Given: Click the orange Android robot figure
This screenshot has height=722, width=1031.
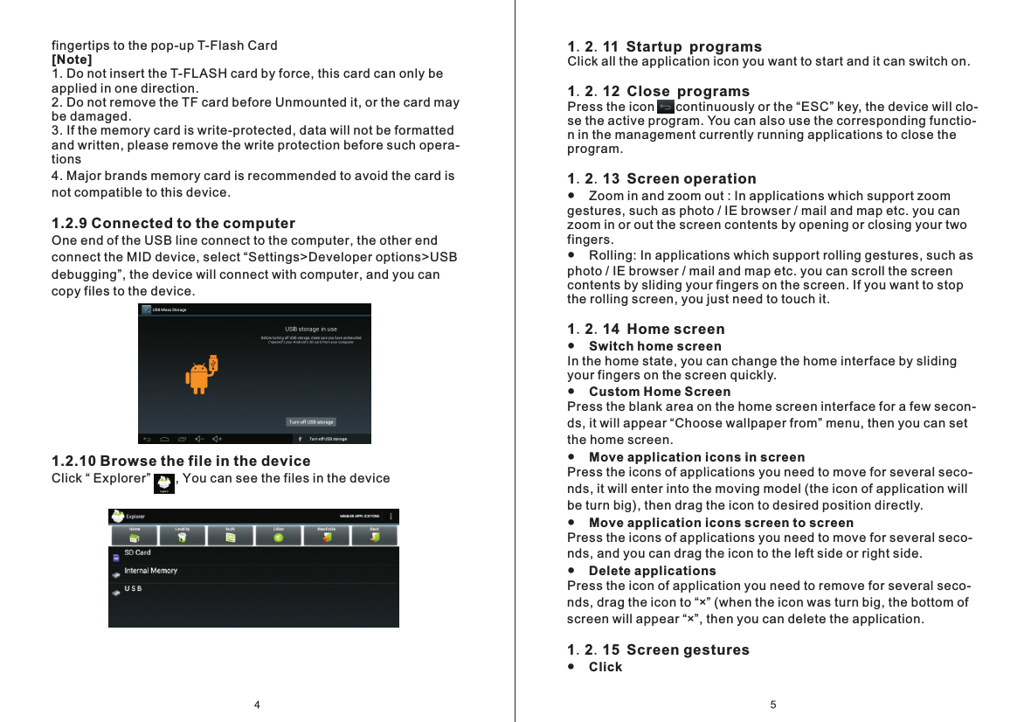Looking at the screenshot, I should pyautogui.click(x=200, y=375).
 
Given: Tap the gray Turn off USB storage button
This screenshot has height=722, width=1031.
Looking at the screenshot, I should pyautogui.click(x=311, y=422).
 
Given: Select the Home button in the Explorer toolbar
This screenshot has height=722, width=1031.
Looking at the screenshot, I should pyautogui.click(x=135, y=535).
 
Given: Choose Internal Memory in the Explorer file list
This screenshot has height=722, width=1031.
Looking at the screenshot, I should pyautogui.click(x=150, y=571).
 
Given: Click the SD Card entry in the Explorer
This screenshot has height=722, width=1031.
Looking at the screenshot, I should pyautogui.click(x=137, y=552).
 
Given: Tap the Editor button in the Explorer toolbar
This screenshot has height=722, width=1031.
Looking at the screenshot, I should pyautogui.click(x=278, y=535).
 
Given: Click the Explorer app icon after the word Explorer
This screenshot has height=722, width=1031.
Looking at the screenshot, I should pyautogui.click(x=163, y=484).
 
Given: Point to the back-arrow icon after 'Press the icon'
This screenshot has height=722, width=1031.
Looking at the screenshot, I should pyautogui.click(x=665, y=107).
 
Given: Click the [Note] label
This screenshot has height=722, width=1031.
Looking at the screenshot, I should pyautogui.click(x=72, y=59).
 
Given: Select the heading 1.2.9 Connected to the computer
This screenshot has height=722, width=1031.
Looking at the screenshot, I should pyautogui.click(x=173, y=224).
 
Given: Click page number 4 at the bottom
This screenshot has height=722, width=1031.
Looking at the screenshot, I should pyautogui.click(x=257, y=705).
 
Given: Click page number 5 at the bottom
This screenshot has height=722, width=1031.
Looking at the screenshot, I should pyautogui.click(x=773, y=705).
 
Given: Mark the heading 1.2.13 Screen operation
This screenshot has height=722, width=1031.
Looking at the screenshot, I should pyautogui.click(x=661, y=179).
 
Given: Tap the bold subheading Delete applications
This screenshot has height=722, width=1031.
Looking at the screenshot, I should pyautogui.click(x=652, y=571).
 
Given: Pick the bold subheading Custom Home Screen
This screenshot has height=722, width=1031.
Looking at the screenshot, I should pyautogui.click(x=660, y=392).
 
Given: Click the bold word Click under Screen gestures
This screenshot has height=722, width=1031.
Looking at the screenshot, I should pyautogui.click(x=605, y=667).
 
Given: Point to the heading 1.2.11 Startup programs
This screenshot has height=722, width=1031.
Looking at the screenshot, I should pyautogui.click(x=664, y=46).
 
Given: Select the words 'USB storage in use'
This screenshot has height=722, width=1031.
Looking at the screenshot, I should pyautogui.click(x=311, y=330).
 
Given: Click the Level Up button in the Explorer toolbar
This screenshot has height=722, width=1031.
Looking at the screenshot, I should pyautogui.click(x=182, y=535).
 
